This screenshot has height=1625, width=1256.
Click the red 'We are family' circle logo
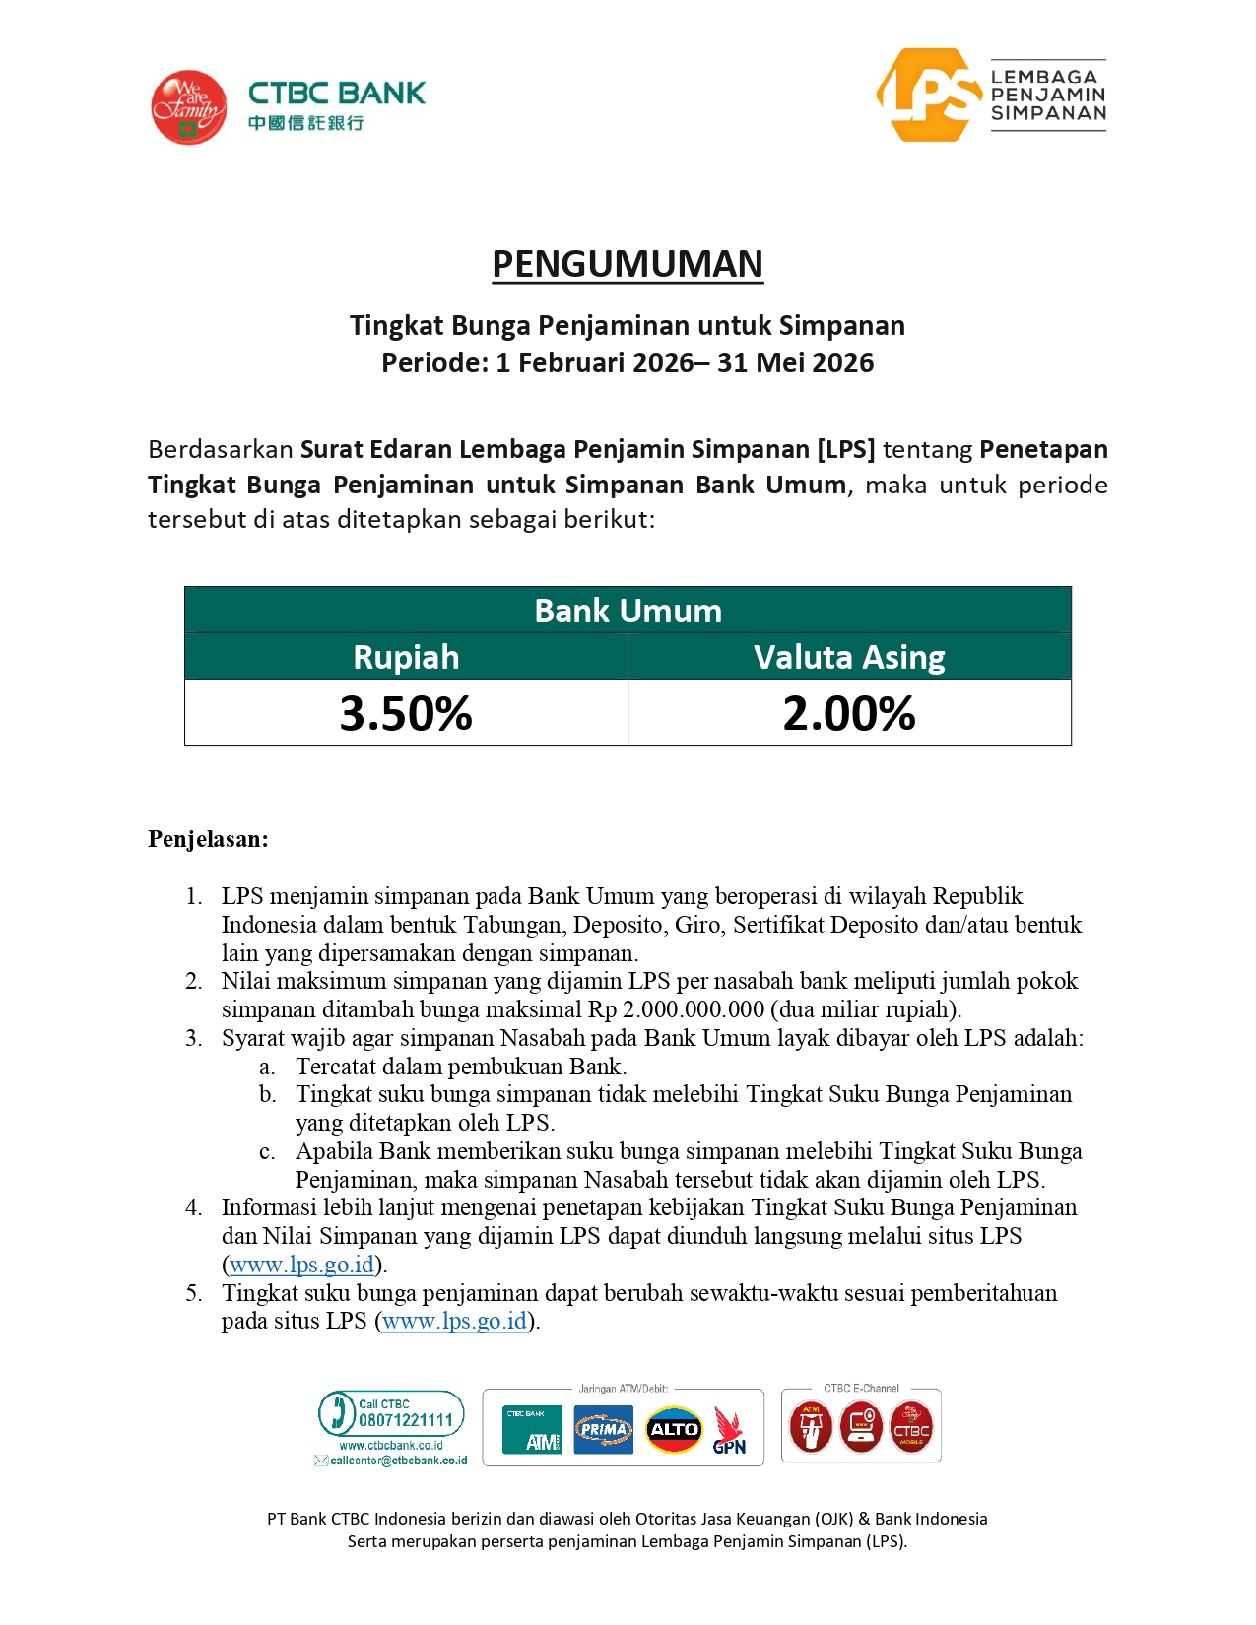tap(188, 107)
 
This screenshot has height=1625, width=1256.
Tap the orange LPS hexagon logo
tap(929, 96)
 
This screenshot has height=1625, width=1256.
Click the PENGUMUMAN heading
tap(628, 264)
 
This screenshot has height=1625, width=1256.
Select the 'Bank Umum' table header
tap(628, 611)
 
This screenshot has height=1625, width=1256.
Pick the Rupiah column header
tap(406, 657)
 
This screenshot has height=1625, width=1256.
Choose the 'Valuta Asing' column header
tap(849, 657)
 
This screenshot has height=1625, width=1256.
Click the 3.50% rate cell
tap(406, 713)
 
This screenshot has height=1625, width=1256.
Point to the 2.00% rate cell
tap(849, 713)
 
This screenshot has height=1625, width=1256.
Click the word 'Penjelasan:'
tap(208, 839)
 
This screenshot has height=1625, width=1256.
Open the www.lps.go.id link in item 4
tap(301, 1265)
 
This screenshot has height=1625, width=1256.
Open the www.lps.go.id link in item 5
tap(455, 1321)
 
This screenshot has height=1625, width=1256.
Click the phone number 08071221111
tap(405, 1420)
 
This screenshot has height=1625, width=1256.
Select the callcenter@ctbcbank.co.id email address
tap(398, 1461)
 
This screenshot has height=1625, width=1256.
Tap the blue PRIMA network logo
tap(604, 1429)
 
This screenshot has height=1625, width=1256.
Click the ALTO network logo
tap(674, 1429)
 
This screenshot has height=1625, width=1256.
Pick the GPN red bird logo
tap(729, 1430)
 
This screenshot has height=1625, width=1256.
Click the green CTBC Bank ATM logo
tap(532, 1429)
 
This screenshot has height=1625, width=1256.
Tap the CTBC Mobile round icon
tap(911, 1428)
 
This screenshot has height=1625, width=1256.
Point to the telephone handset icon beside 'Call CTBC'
tap(337, 1412)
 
